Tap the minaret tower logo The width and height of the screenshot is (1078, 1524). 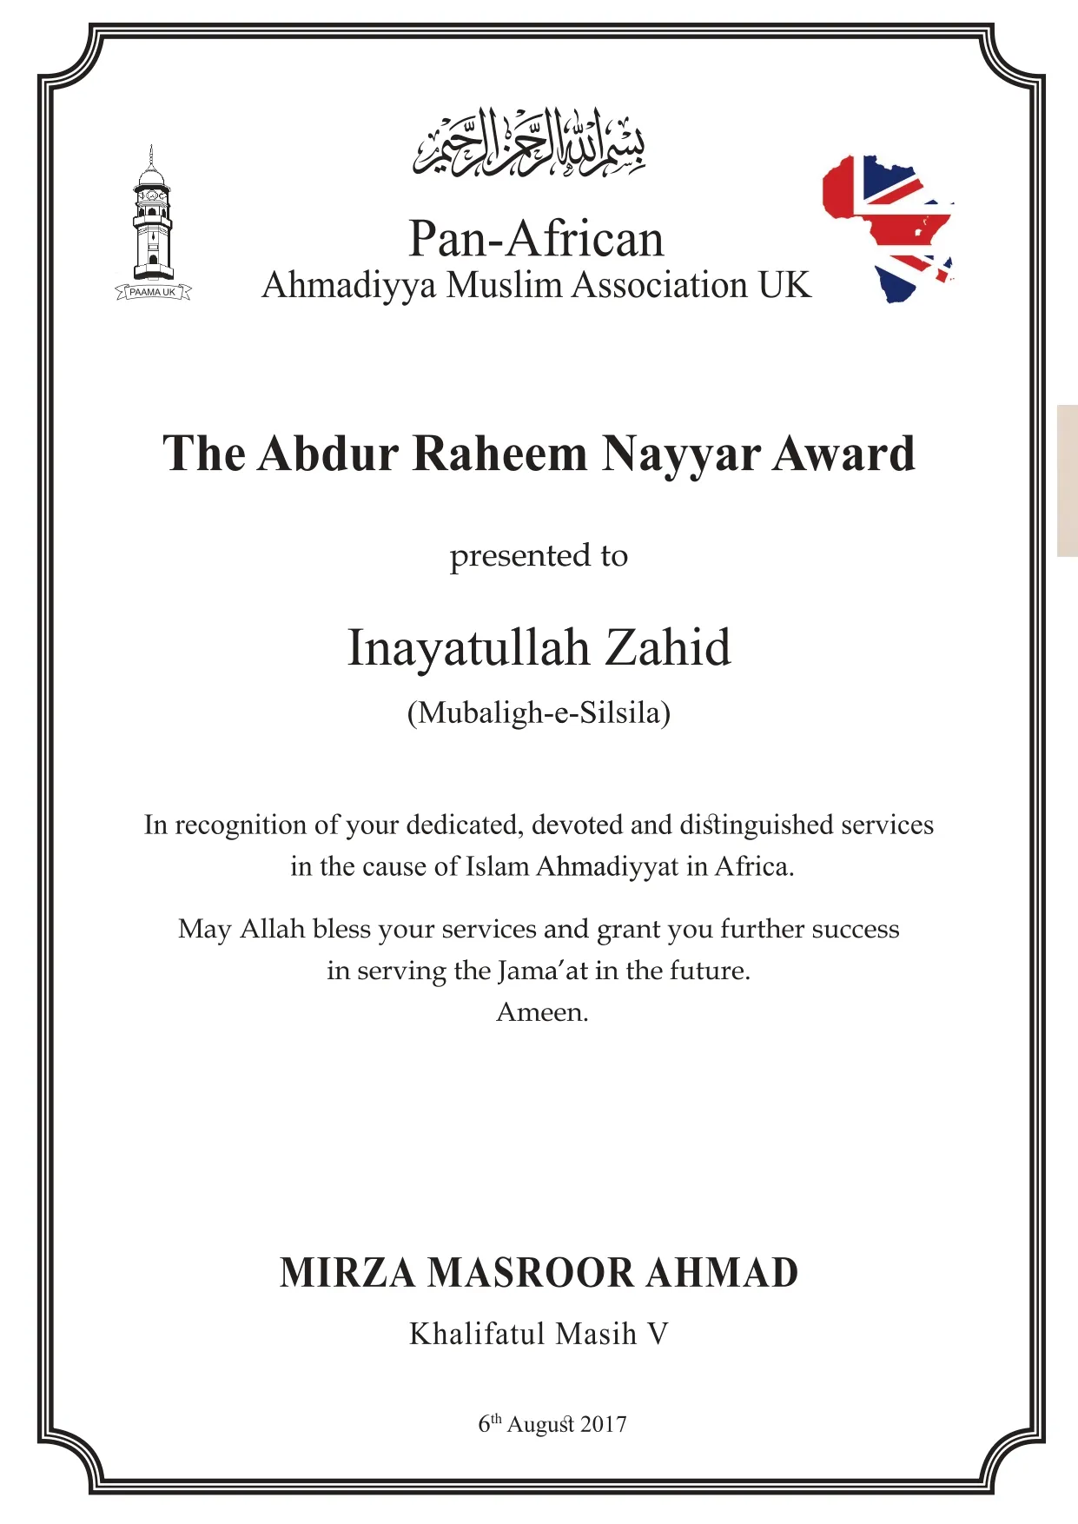[x=152, y=217]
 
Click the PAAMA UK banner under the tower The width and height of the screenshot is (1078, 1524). [x=153, y=293]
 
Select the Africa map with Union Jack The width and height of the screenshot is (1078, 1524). [x=888, y=228]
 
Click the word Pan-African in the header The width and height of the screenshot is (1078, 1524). [x=536, y=239]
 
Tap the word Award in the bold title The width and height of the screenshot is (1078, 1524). [x=843, y=454]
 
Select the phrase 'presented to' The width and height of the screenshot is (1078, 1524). [x=539, y=556]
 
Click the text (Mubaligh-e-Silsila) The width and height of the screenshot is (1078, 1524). [x=539, y=713]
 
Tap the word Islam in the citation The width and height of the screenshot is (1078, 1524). [x=497, y=867]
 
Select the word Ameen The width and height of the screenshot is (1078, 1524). [x=542, y=1013]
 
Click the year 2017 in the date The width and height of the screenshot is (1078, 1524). [x=603, y=1425]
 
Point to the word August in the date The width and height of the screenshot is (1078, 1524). [x=540, y=1426]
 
